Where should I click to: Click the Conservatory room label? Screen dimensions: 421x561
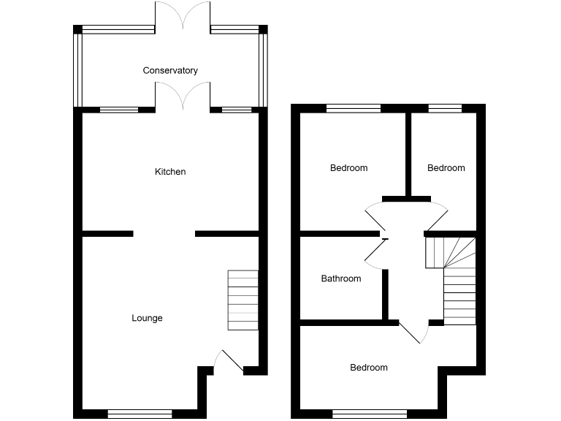point(170,71)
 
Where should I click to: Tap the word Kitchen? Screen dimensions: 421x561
point(170,172)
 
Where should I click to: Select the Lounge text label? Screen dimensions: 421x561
point(147,318)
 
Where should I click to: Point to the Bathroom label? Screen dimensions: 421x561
point(341,278)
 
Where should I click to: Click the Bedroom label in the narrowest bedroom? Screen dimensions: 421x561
point(446,168)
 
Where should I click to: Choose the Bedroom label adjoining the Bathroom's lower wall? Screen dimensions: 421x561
point(368,368)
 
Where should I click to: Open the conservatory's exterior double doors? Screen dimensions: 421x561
point(183,16)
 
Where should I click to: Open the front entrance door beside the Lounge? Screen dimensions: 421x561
point(229,363)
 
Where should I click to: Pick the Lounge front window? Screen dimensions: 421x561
point(140,414)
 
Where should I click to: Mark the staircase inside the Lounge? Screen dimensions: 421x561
point(243,300)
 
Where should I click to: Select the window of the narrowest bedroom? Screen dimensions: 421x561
point(445,109)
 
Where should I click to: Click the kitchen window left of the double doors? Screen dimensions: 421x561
point(118,110)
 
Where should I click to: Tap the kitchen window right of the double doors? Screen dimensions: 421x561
point(234,110)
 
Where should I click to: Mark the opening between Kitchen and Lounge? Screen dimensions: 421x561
point(164,234)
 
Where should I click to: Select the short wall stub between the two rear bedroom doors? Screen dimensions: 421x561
point(405,197)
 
